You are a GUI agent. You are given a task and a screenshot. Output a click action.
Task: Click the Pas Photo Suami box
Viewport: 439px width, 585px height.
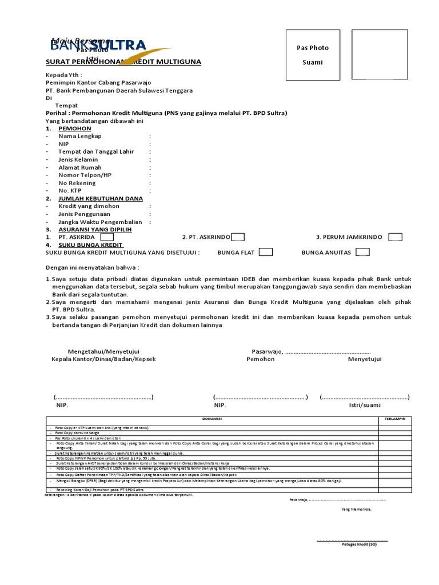click(x=313, y=55)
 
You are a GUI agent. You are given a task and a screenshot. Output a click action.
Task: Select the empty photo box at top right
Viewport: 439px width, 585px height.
click(x=380, y=55)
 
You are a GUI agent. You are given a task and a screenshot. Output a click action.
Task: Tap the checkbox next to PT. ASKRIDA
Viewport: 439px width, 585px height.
click(x=107, y=237)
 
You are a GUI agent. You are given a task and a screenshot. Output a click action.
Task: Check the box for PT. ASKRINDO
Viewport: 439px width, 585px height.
click(x=239, y=237)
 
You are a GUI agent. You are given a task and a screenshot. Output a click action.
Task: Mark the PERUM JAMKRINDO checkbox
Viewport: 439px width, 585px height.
click(x=395, y=237)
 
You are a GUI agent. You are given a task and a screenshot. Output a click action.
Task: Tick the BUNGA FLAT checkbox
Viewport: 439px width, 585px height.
click(x=265, y=252)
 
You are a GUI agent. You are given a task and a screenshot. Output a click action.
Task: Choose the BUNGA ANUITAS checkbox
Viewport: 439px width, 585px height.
click(x=362, y=252)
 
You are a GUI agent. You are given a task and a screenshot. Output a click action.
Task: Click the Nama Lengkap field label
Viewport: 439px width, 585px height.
click(x=79, y=137)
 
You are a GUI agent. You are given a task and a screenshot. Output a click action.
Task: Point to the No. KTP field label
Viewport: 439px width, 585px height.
click(x=71, y=190)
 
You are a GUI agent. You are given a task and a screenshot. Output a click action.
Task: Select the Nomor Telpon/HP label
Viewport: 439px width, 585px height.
click(x=85, y=175)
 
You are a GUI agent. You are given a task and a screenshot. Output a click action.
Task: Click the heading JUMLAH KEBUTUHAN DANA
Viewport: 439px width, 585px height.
click(x=100, y=198)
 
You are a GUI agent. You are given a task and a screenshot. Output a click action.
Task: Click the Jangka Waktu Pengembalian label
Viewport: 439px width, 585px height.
click(x=100, y=222)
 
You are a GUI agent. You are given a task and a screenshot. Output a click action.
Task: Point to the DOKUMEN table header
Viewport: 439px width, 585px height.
click(x=211, y=419)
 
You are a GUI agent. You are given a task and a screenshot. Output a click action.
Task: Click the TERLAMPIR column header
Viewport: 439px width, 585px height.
click(x=394, y=419)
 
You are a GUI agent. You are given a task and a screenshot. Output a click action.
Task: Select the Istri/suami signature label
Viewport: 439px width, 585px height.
click(x=365, y=405)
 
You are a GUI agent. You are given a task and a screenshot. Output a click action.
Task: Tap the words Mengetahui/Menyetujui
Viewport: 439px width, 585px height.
click(x=103, y=351)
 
